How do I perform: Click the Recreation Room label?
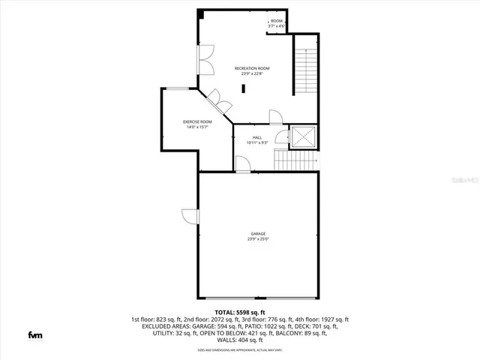[x=251, y=68]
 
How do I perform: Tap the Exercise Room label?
[x=197, y=121]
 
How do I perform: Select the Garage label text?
[x=258, y=234]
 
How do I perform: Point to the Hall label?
[x=257, y=137]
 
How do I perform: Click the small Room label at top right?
[x=277, y=20]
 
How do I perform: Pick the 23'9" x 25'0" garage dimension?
[x=258, y=240]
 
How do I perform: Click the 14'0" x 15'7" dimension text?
[x=197, y=127]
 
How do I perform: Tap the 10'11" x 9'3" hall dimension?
[x=257, y=142]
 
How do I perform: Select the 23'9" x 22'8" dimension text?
[x=251, y=73]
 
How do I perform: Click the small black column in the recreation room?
[x=244, y=88]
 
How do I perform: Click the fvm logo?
[x=35, y=334]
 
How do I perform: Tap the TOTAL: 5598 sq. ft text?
[x=240, y=312]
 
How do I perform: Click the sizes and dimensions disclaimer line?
[x=240, y=349]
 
